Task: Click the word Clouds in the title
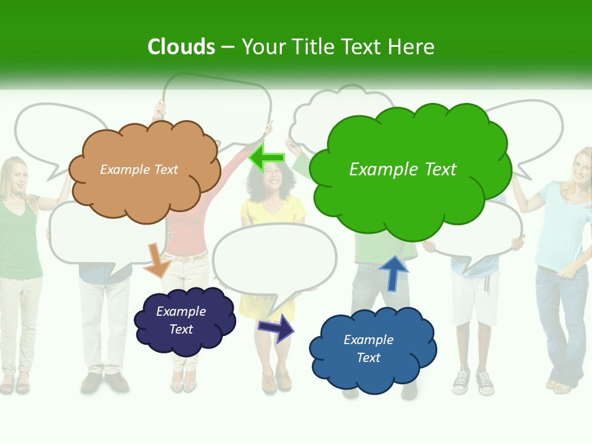[181, 47]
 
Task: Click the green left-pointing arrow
[267, 157]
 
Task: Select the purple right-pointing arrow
[277, 327]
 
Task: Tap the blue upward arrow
[393, 273]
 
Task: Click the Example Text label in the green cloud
[403, 170]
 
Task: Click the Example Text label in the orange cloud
[139, 170]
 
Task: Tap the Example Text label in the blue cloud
[368, 349]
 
